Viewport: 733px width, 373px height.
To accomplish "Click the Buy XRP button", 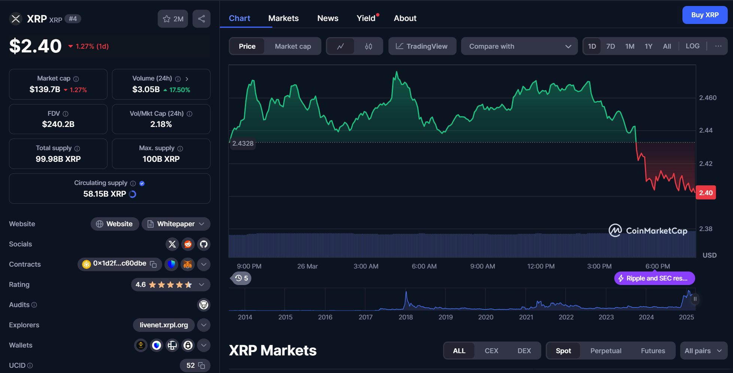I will coord(705,15).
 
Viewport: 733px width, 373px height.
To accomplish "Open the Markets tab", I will coord(284,18).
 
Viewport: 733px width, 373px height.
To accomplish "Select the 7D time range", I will coord(611,46).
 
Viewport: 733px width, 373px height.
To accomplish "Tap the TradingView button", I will coord(422,46).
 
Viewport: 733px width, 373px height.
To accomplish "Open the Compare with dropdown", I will coord(519,46).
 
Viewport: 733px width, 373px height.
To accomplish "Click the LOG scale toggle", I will coord(692,46).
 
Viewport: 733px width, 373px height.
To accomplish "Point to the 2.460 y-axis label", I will coord(708,98).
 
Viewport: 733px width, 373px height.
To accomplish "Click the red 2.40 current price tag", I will coord(706,193).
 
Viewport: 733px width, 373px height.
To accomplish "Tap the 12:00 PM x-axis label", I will coord(541,266).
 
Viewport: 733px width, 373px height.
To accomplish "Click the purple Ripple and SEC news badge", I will coord(654,278).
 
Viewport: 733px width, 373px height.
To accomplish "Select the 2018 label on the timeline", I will coord(406,317).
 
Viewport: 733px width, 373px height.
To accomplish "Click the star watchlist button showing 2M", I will coord(173,19).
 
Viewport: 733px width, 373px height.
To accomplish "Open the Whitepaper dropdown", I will coord(176,224).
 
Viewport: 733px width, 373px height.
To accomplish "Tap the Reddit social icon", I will coord(188,244).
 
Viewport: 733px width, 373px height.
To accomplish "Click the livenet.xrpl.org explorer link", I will coord(164,325).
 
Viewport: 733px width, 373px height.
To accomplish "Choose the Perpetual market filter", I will coord(606,351).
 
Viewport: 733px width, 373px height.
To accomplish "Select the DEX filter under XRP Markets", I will coord(524,351).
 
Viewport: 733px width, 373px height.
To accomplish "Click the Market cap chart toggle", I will coord(293,46).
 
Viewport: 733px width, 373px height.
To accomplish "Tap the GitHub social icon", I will coord(204,244).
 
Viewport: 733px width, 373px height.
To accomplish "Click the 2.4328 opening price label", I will coord(243,143).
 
